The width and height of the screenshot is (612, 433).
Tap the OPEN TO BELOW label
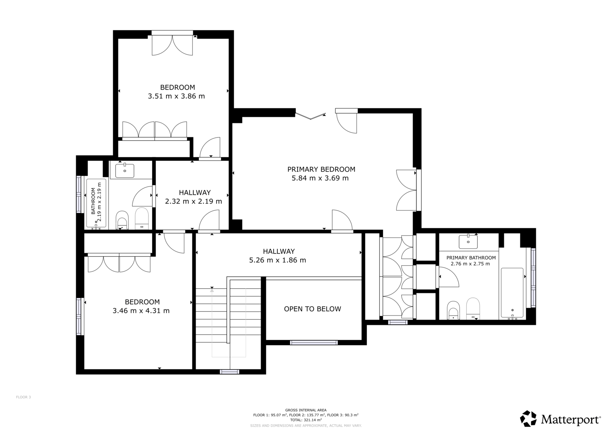[313, 309]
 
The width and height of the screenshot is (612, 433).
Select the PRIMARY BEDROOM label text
[321, 169]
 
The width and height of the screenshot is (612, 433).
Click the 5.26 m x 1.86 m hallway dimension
[278, 260]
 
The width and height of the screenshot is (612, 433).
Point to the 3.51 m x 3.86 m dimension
[176, 96]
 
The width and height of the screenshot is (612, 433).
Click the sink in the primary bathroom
[468, 242]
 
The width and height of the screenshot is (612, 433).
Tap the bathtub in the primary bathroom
[512, 293]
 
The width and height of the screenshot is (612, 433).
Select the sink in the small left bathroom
[125, 170]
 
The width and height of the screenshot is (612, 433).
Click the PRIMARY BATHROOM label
[471, 258]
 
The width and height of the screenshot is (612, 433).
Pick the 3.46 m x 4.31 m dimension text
[141, 311]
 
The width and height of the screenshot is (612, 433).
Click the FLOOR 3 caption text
[23, 397]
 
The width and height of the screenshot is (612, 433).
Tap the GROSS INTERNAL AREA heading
[306, 410]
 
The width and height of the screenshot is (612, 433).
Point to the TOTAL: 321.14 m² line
[306, 420]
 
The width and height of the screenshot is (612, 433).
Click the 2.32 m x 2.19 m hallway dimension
[194, 202]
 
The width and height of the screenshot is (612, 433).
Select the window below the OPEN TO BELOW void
[314, 343]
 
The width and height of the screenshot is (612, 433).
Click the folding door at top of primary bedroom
[311, 116]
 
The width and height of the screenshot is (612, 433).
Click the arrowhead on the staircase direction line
[212, 290]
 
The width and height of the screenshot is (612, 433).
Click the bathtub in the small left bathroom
[96, 203]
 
